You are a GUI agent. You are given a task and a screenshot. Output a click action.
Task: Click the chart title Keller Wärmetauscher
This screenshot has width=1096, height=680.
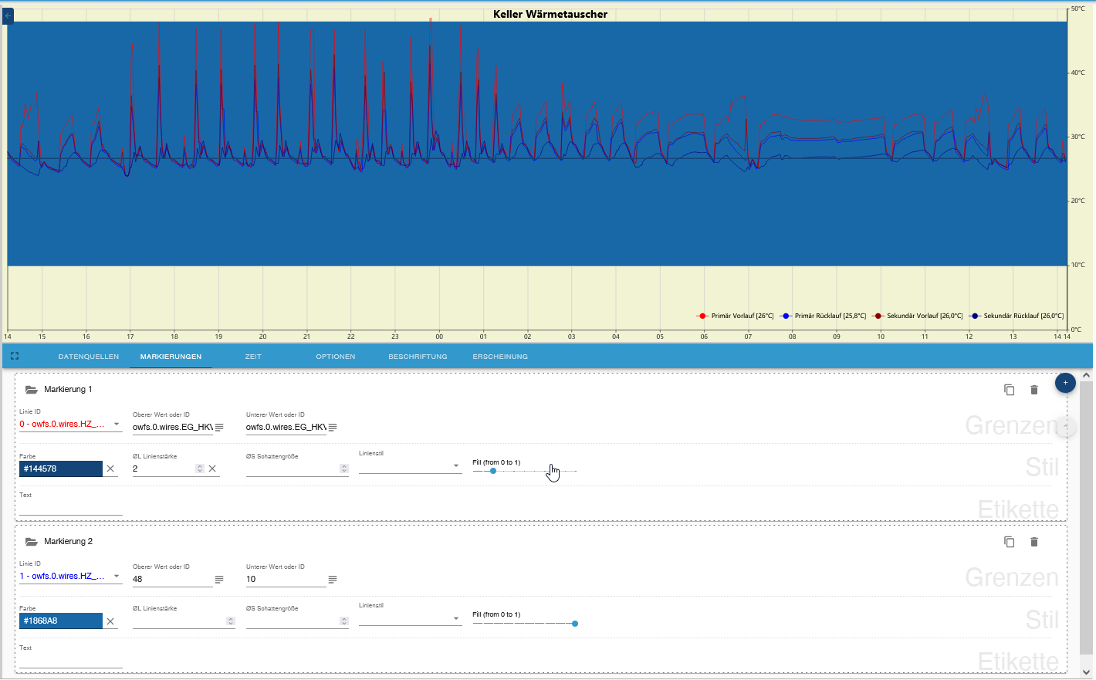(550, 14)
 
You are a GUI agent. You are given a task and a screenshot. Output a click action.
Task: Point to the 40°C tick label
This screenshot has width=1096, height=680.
(1077, 73)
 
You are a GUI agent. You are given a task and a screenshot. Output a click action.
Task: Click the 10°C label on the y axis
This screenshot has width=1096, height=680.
(1077, 265)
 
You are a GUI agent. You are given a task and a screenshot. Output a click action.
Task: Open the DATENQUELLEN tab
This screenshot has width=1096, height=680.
(89, 357)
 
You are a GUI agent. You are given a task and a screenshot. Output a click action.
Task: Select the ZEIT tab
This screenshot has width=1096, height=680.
(253, 357)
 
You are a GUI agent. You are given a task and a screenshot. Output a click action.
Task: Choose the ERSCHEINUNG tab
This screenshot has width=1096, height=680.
(500, 357)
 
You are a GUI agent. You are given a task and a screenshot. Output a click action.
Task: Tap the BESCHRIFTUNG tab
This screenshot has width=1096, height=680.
(418, 357)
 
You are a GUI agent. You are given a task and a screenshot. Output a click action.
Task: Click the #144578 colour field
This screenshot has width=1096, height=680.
(60, 469)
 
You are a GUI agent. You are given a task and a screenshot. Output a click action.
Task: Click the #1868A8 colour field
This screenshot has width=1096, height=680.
(60, 621)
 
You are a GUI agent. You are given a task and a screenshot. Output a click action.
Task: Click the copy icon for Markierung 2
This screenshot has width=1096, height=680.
(1009, 542)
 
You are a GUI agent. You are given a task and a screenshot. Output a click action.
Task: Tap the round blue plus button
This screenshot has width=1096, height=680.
(1065, 383)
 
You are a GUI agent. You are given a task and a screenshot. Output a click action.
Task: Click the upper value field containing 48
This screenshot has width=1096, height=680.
(171, 579)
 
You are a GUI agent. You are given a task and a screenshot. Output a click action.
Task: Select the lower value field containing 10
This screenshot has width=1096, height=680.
(285, 579)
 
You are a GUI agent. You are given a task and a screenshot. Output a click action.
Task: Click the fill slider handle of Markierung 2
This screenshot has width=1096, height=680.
(575, 623)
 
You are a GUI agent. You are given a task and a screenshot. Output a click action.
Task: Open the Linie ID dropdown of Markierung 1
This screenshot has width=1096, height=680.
(70, 424)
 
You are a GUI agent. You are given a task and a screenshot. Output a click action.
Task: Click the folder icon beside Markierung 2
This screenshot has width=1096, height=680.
(32, 542)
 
